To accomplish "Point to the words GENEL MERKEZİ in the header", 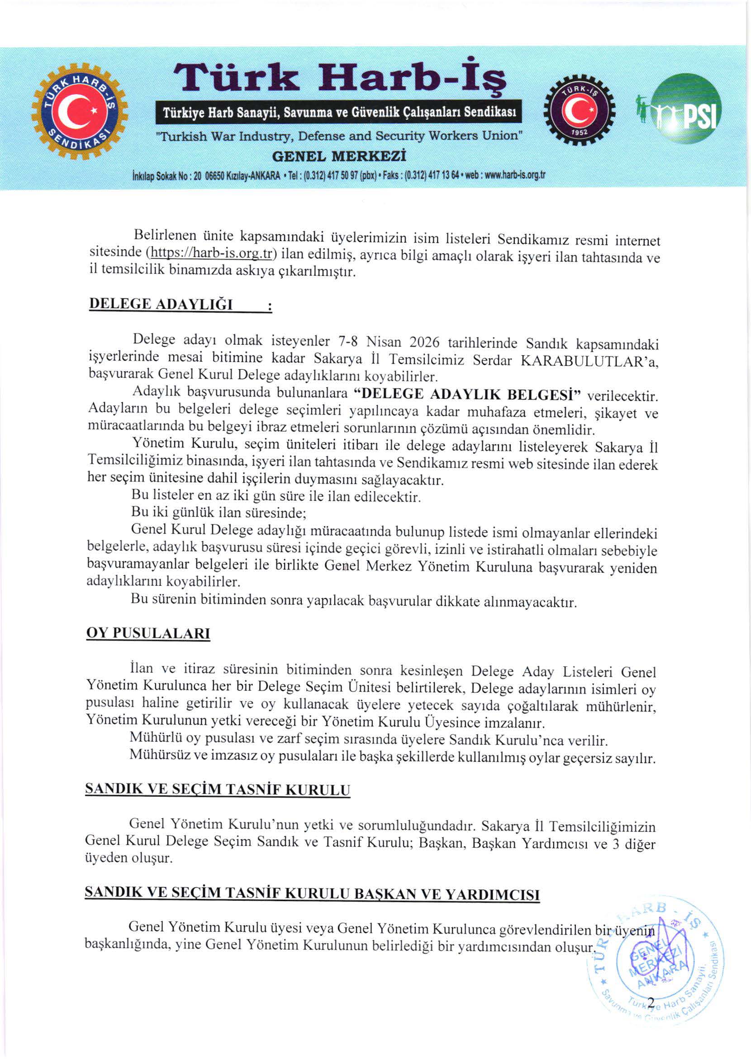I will [339, 157].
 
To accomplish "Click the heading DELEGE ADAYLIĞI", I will [161, 304].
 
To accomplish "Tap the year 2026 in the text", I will [424, 342].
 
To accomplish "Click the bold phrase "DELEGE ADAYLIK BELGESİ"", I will [466, 394].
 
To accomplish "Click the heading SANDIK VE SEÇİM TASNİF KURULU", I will [217, 789].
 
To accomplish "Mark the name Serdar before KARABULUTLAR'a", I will [492, 360].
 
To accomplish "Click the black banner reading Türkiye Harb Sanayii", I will [339, 113].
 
